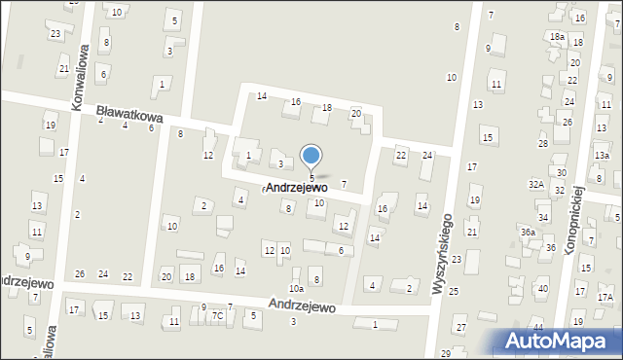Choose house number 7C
pyautogui.click(x=218, y=316)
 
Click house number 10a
pyautogui.click(x=296, y=289)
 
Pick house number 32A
pyautogui.click(x=535, y=184)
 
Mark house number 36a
pyautogui.click(x=527, y=233)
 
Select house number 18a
pyautogui.click(x=557, y=37)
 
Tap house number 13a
pyautogui.click(x=602, y=156)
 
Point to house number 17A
pyautogui.click(x=605, y=298)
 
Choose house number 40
pyautogui.click(x=542, y=289)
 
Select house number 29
pyautogui.click(x=446, y=353)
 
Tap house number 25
pyautogui.click(x=454, y=292)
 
